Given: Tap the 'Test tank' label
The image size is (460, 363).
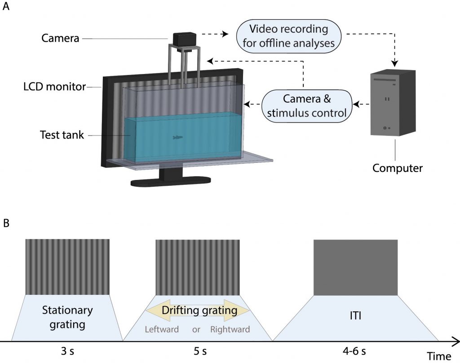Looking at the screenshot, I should (x=62, y=135).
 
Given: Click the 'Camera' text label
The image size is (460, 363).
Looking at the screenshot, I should (x=60, y=39).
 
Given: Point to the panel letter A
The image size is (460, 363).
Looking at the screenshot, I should (x=6, y=8).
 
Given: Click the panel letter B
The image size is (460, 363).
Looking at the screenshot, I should (x=6, y=223).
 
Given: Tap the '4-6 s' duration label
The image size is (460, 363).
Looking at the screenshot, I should (x=355, y=351).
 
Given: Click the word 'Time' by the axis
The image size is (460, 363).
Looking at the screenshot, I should (x=438, y=356).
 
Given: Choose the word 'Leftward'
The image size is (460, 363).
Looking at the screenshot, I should (x=162, y=329).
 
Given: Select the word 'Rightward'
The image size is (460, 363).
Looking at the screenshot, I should (x=230, y=329).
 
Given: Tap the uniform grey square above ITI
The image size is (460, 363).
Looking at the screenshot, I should (x=355, y=267).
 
